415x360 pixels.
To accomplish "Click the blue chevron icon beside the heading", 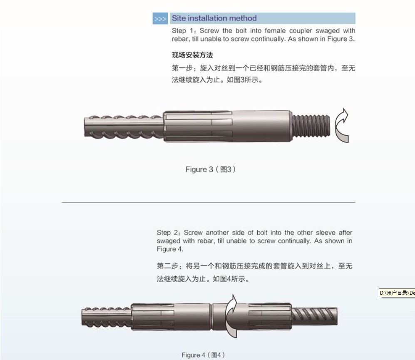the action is point(160,19).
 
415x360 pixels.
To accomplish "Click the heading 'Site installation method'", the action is point(214,18).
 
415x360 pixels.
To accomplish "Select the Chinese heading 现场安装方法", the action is point(192,55).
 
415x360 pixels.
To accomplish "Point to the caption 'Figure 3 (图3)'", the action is point(211,169).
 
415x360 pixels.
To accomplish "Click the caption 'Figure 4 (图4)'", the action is point(203,355).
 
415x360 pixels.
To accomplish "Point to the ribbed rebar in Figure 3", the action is point(124,127).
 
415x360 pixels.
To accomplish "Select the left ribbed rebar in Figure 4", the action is point(107,317).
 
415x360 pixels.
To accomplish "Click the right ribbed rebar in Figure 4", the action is point(314,316).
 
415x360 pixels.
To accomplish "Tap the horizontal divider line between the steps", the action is point(209,202).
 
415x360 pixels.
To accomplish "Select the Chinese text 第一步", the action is point(182,68).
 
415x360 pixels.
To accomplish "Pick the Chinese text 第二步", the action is point(167,266).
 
